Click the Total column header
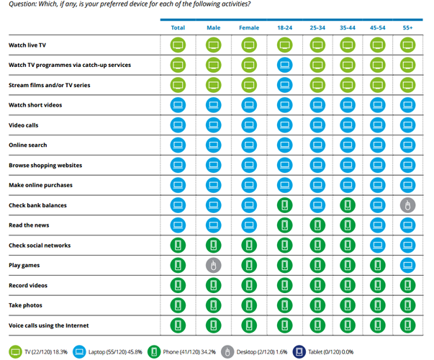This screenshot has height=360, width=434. [178, 27]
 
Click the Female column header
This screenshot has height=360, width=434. [248, 27]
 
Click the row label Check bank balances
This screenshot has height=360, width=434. [37, 205]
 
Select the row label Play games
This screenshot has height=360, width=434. [24, 266]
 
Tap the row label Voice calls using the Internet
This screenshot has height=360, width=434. [52, 325]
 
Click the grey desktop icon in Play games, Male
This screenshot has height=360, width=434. [213, 266]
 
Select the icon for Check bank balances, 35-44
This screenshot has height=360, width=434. [346, 205]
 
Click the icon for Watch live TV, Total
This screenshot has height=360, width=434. [178, 45]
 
